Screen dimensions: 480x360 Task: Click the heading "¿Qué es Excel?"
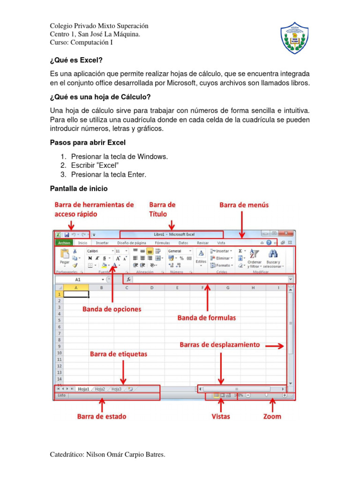[76, 60]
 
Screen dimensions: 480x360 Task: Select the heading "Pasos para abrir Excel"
[88, 142]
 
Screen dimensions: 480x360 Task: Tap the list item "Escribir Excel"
[95, 165]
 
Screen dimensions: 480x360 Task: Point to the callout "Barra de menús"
[244, 205]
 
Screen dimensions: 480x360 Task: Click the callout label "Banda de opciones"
[112, 309]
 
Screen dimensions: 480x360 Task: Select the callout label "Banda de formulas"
[206, 318]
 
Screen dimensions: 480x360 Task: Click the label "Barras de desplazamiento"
[219, 345]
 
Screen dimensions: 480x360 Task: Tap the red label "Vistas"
[221, 416]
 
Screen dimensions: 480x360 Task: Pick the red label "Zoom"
[272, 416]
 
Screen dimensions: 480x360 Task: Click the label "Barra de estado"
[102, 416]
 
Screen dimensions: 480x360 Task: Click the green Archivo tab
[64, 243]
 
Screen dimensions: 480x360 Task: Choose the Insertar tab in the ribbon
[102, 243]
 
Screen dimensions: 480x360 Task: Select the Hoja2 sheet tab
[100, 389]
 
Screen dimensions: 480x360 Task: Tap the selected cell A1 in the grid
[76, 294]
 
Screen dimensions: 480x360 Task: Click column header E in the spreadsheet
[177, 287]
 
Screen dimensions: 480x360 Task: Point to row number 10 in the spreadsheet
[59, 352]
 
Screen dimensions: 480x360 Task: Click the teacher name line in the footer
[108, 454]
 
